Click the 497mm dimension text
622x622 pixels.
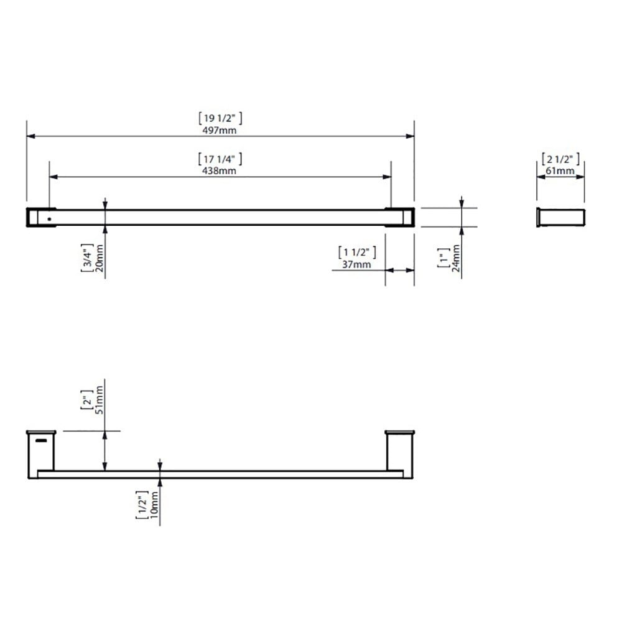click(220, 130)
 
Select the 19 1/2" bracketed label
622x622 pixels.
click(220, 118)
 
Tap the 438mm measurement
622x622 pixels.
click(219, 170)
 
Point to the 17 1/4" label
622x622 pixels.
click(220, 159)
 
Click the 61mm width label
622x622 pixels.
click(560, 171)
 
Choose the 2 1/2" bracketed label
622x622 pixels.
click(560, 159)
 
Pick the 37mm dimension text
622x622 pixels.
click(356, 264)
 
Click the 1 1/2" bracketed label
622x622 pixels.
click(357, 253)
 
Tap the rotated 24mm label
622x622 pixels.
click(456, 258)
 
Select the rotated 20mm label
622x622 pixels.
click(99, 258)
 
